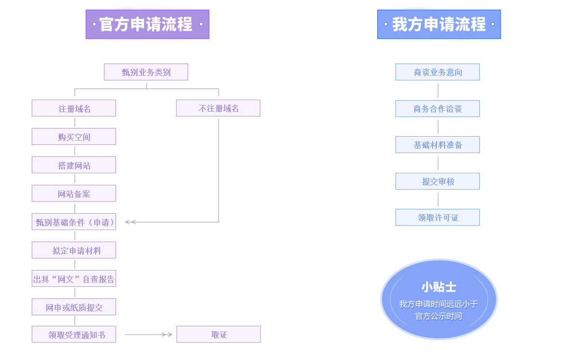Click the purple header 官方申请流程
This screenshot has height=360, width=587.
pyautogui.click(x=147, y=24)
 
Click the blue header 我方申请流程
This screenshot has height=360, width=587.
pyautogui.click(x=439, y=24)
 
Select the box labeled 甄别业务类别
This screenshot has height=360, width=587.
pyautogui.click(x=146, y=72)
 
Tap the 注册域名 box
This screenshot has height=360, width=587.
pyautogui.click(x=74, y=108)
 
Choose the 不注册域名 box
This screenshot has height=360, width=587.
pyautogui.click(x=218, y=108)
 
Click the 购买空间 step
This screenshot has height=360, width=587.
pyautogui.click(x=74, y=137)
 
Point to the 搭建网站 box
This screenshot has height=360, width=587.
pyautogui.click(x=74, y=165)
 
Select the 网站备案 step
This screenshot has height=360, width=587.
pyautogui.click(x=74, y=193)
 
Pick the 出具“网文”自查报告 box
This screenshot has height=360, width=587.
pyautogui.click(x=74, y=279)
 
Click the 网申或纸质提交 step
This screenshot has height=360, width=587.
pyautogui.click(x=74, y=307)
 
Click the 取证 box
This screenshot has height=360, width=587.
pyautogui.click(x=218, y=334)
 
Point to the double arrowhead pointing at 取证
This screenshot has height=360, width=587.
pyautogui.click(x=166, y=334)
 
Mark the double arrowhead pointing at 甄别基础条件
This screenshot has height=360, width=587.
pyautogui.click(x=130, y=222)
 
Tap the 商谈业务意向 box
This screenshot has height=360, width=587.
pyautogui.click(x=437, y=72)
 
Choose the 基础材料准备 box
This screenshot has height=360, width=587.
pyautogui.click(x=437, y=145)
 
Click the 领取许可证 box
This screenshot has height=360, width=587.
pyautogui.click(x=437, y=218)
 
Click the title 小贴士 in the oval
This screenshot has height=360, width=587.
pyautogui.click(x=438, y=287)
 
